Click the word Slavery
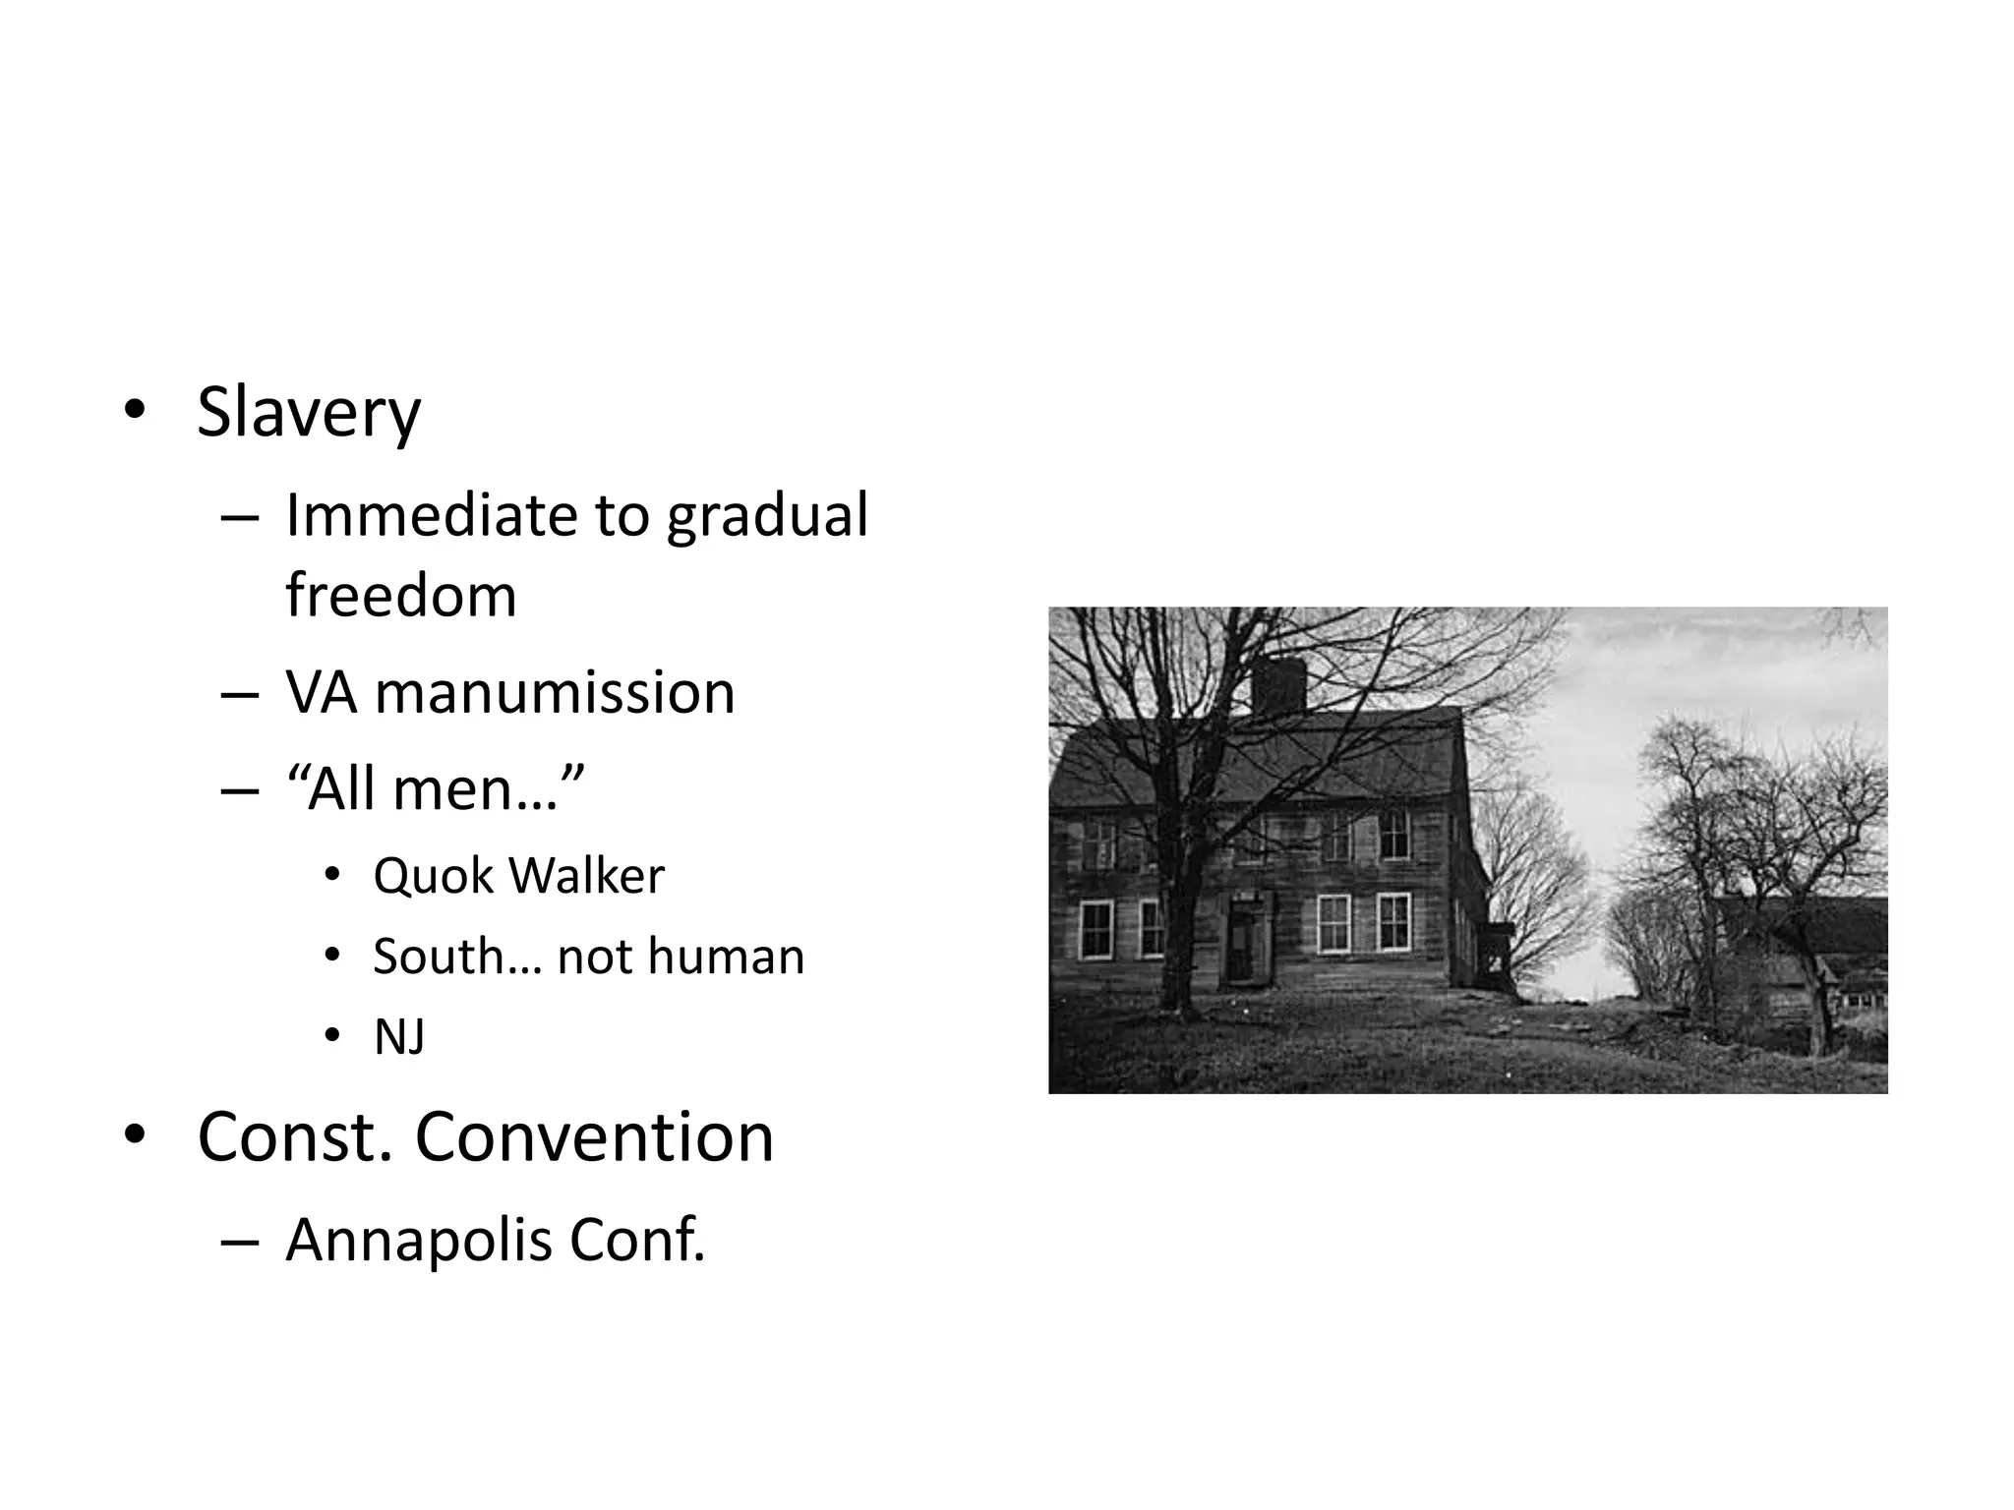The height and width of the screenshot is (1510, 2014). [309, 413]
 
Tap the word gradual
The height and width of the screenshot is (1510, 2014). [767, 515]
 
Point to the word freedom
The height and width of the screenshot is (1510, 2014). [400, 596]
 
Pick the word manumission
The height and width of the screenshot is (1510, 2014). [555, 692]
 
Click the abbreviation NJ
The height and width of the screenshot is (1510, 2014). [399, 1037]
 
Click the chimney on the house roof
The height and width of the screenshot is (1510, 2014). [1278, 684]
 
